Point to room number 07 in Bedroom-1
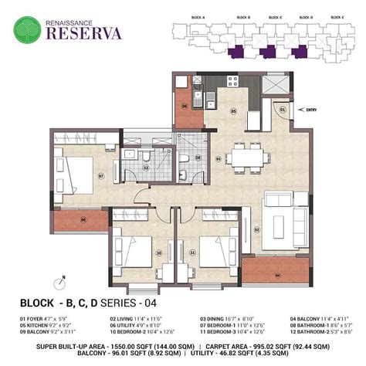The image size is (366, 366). pyautogui.click(x=100, y=175)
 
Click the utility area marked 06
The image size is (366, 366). pyautogui.click(x=185, y=108)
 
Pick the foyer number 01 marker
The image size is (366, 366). pyautogui.click(x=283, y=110)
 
